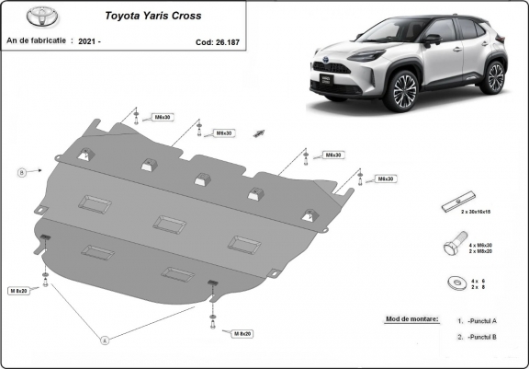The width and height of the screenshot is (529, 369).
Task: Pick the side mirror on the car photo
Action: tap(431, 40)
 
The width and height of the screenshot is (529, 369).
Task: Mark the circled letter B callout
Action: tap(21, 171)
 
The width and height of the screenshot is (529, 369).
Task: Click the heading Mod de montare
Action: tap(406, 319)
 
